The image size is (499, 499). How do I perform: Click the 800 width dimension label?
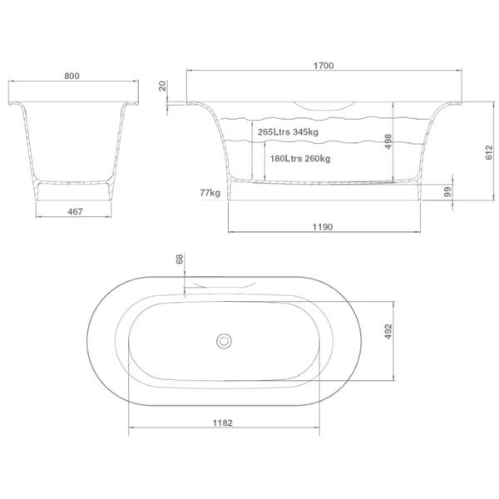pyautogui.click(x=72, y=76)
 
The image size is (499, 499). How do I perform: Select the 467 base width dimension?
pyautogui.click(x=75, y=211)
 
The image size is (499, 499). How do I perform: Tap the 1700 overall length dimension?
pyautogui.click(x=324, y=66)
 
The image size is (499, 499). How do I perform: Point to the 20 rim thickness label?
pyautogui.click(x=163, y=86)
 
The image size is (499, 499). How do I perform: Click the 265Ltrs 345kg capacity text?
pyautogui.click(x=288, y=131)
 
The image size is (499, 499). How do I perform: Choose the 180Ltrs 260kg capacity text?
pyautogui.click(x=300, y=159)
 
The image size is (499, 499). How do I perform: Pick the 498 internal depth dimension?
pyautogui.click(x=388, y=141)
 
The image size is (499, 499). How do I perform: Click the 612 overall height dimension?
pyautogui.click(x=489, y=153)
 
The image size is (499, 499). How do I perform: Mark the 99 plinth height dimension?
pyautogui.click(x=447, y=192)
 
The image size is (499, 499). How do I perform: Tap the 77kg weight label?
pyautogui.click(x=210, y=193)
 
